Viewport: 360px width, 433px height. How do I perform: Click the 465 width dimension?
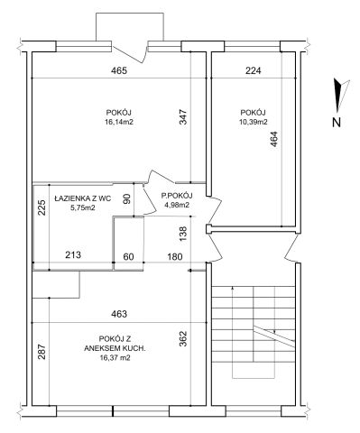click(119, 70)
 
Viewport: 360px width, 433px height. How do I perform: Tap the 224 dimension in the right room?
click(254, 70)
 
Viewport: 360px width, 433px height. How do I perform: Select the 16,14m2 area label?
click(119, 122)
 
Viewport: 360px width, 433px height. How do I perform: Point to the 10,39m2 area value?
click(253, 122)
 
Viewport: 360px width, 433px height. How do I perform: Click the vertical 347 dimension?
click(183, 117)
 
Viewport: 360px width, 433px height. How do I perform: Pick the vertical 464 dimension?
click(273, 140)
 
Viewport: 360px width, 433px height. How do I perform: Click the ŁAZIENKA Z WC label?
click(83, 198)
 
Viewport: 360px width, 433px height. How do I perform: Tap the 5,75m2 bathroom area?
click(83, 207)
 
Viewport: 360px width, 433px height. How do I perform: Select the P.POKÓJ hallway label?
click(177, 196)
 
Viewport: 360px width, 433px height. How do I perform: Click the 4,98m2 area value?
click(177, 205)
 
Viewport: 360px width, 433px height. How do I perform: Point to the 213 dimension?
click(73, 255)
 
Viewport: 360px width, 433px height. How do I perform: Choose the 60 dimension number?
click(128, 257)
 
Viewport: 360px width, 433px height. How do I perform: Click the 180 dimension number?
click(175, 257)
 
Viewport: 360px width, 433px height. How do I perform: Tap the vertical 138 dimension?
click(183, 234)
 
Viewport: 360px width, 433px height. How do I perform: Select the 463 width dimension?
click(119, 314)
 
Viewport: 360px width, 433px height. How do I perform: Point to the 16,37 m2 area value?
click(115, 358)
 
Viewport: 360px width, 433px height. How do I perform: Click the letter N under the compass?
click(337, 123)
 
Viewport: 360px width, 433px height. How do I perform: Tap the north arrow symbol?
click(341, 94)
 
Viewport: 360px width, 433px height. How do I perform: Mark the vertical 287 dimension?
click(42, 352)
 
